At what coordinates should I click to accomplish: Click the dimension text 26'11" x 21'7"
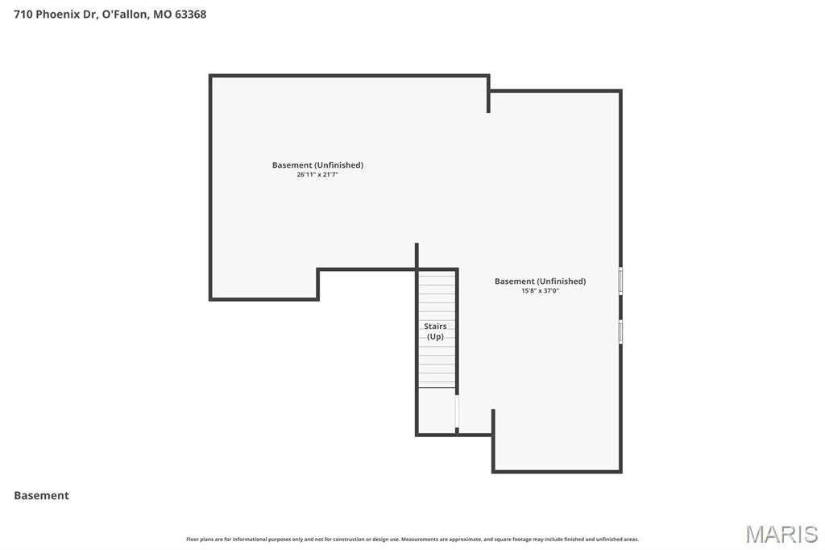pos(317,174)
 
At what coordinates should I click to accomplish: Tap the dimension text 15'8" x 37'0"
pos(540,290)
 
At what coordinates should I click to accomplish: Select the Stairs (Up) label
pos(435,331)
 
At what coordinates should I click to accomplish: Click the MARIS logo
pos(781,534)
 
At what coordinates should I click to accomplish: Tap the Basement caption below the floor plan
pos(41,495)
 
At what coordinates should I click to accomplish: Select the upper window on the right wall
pos(620,281)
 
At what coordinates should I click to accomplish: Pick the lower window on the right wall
pos(620,331)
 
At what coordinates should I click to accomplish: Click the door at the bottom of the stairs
pos(457,411)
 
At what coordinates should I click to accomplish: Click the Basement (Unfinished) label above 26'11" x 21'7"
pos(317,165)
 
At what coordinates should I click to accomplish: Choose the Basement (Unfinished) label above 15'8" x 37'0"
pos(540,281)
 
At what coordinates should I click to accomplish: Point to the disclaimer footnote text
pos(412,539)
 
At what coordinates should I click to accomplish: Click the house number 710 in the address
pos(23,14)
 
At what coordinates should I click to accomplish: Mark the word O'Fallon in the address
pos(125,14)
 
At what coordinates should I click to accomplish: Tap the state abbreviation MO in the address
pos(161,14)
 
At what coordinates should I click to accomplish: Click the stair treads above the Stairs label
pos(437,295)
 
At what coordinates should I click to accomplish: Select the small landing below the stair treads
pos(436,410)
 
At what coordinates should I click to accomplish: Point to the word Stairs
pos(435,327)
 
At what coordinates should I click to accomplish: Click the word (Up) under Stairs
pos(435,336)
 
